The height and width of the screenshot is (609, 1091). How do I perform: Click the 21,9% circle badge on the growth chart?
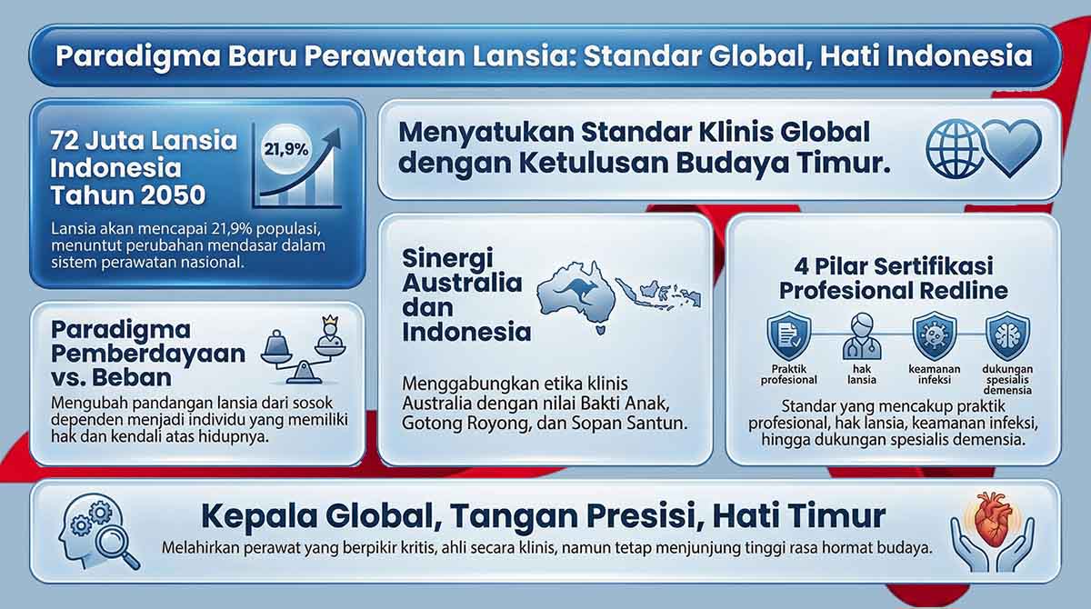coord(285,148)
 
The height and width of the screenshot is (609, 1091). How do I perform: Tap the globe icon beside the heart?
coord(953,148)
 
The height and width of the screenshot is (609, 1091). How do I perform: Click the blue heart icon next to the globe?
coord(1012,147)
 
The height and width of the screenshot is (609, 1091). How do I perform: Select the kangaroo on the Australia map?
coord(576,291)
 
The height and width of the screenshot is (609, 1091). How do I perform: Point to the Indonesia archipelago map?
coord(658,293)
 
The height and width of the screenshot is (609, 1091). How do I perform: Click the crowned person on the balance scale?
coord(330,331)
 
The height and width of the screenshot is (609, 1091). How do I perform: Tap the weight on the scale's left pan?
coord(276,344)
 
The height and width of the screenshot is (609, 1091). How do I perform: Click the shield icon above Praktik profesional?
coord(789,336)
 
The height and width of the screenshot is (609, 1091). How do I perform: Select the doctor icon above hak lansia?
coord(862,337)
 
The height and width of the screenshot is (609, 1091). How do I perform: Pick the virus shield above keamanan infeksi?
coord(935,336)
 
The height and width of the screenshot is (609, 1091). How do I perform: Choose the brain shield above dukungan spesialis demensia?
coord(1007,336)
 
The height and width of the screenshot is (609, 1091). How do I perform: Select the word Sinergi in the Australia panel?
coord(447,258)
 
